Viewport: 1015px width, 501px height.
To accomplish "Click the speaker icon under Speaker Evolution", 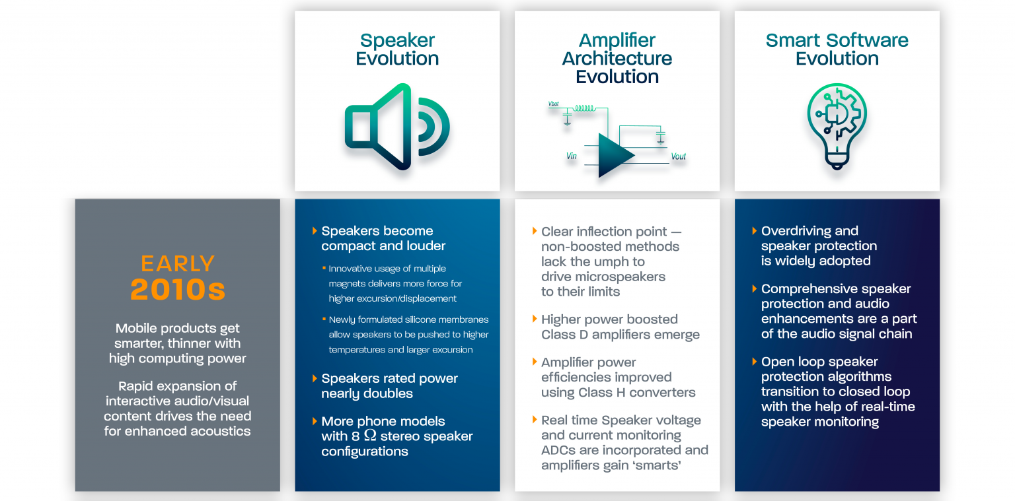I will click(x=396, y=127).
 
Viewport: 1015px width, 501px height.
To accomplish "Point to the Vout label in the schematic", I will click(x=678, y=157).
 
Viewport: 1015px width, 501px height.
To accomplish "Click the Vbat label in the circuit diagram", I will click(x=553, y=104).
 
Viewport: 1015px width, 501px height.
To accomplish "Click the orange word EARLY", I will click(x=178, y=263).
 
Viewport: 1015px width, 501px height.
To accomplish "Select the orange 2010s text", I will click(x=178, y=289).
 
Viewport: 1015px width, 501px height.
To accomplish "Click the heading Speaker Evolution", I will click(x=396, y=50).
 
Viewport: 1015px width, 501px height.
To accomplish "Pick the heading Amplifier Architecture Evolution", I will click(x=617, y=58).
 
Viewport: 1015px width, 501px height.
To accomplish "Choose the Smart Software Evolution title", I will click(x=837, y=50).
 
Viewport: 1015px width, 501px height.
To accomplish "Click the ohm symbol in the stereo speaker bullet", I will click(x=370, y=436).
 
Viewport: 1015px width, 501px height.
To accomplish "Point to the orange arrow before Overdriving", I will click(x=755, y=231).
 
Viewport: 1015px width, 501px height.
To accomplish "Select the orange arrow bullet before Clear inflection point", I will click(x=535, y=231).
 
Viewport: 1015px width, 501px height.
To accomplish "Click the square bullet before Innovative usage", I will click(x=324, y=269).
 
